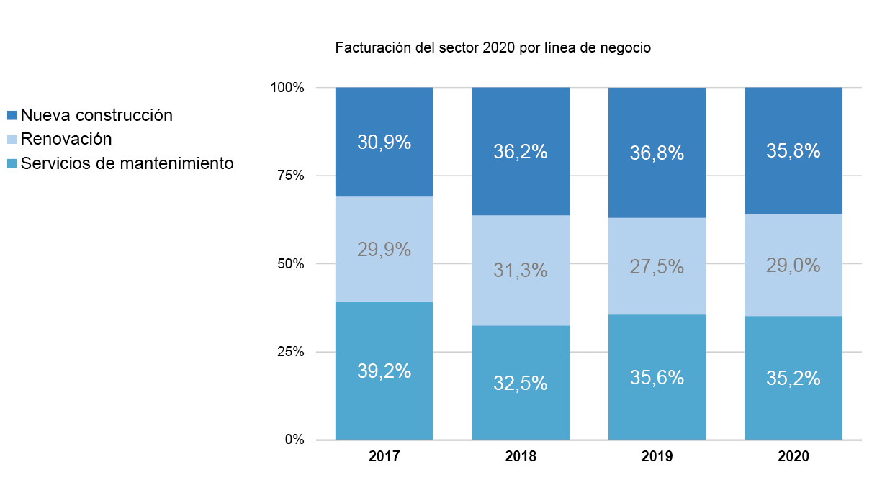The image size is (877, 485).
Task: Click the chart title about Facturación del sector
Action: point(493,49)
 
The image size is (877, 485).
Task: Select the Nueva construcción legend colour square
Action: point(12,115)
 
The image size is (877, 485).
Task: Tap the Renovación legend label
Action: point(66,139)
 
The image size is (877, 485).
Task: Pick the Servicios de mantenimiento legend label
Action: point(127,163)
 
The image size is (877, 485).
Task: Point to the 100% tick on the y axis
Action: point(287,88)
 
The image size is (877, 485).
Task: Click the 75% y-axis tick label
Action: point(290,176)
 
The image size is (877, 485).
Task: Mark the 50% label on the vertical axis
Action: point(290,264)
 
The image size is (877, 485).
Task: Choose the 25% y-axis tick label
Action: point(290,352)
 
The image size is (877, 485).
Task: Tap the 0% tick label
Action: point(294,440)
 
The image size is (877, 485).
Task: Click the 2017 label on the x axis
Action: point(384,456)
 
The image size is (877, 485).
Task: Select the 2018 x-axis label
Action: point(521,456)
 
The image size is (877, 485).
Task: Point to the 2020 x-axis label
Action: point(793,456)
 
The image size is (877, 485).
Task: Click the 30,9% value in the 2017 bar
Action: point(384,142)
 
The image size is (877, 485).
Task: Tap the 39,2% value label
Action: point(384,371)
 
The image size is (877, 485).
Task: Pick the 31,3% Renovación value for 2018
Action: point(521,271)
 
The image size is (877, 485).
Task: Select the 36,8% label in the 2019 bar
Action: point(657,153)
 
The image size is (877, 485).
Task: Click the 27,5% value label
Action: point(657,267)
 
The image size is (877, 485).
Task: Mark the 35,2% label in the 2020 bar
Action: point(793,379)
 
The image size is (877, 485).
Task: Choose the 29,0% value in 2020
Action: point(793,266)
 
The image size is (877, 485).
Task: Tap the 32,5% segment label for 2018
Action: point(521,384)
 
